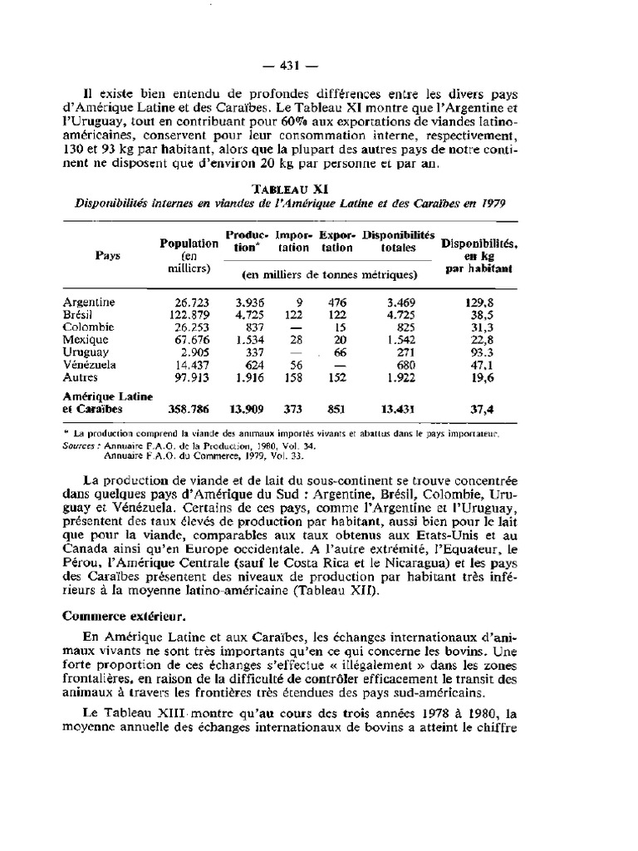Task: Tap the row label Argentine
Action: coord(89,303)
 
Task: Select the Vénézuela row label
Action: coord(89,364)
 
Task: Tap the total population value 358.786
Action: coord(190,409)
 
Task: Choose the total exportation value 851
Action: coord(336,409)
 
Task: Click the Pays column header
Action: coord(107,256)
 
